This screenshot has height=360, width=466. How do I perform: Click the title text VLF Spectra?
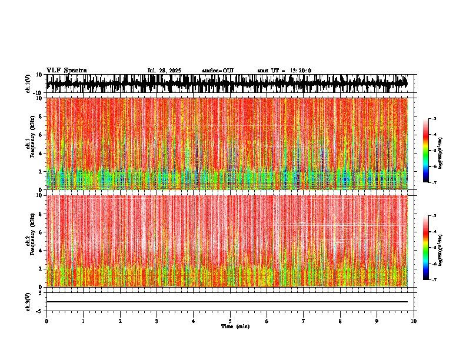[66, 71]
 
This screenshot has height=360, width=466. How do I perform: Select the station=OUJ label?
[218, 71]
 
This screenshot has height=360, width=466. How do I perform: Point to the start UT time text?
[284, 71]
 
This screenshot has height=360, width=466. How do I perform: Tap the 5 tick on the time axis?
[230, 321]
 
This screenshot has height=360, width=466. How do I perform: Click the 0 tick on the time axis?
[46, 321]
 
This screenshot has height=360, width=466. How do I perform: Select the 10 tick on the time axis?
[414, 321]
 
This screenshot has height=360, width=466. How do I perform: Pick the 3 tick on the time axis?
[157, 321]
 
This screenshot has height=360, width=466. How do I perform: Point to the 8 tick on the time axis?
[340, 321]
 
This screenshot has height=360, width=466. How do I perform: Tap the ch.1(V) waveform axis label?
[28, 84]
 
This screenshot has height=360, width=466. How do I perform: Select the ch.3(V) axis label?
[28, 301]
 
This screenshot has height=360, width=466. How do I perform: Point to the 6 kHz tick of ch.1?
[42, 135]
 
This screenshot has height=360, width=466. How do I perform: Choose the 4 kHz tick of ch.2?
[42, 251]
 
